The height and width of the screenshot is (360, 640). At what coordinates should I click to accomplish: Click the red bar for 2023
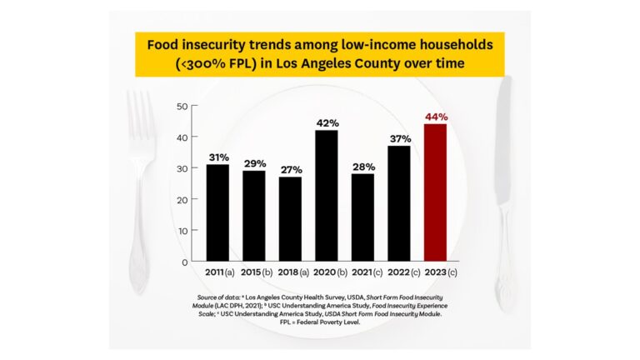click(x=435, y=192)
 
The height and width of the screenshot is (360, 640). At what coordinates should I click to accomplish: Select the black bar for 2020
click(x=327, y=196)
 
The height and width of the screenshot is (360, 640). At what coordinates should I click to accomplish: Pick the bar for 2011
click(x=217, y=212)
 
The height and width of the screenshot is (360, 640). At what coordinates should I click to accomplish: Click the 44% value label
click(x=435, y=117)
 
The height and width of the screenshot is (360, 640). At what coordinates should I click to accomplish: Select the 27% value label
click(x=290, y=169)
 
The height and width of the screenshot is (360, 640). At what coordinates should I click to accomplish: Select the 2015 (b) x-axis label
click(x=253, y=273)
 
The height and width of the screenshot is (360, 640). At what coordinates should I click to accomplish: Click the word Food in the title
click(x=167, y=43)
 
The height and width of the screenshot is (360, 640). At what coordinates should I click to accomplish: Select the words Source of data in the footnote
click(x=218, y=297)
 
